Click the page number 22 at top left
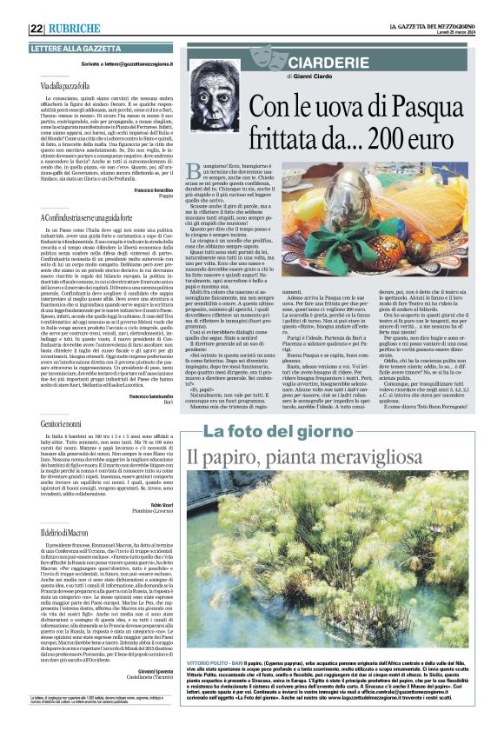click(x=36, y=28)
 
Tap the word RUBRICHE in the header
click(x=74, y=28)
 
